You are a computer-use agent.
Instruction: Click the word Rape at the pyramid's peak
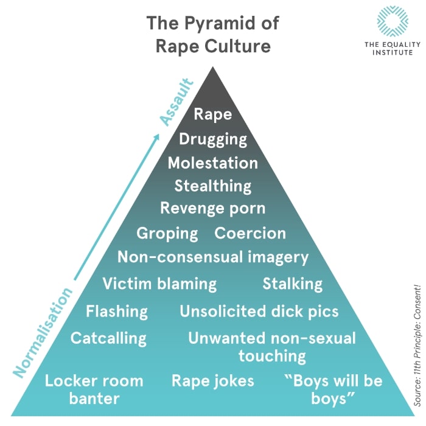tap(212, 114)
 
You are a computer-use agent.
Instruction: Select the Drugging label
tap(213, 139)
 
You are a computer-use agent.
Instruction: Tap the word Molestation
tap(213, 162)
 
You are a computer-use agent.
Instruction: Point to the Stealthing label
tap(213, 186)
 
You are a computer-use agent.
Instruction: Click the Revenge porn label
tap(213, 208)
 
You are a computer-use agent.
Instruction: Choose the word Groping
tap(167, 234)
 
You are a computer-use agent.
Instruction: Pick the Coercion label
tap(250, 233)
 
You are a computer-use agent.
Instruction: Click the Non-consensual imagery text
tap(213, 257)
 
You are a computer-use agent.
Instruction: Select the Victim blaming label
tap(159, 284)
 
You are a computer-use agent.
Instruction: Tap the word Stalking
tap(292, 284)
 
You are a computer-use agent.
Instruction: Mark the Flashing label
tap(117, 312)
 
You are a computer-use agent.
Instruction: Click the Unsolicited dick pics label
tap(259, 312)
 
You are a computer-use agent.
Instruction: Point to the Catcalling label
tap(108, 338)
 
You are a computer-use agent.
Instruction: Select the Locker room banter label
tap(94, 390)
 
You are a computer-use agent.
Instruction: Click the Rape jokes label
tap(213, 382)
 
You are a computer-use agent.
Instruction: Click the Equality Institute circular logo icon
tap(393, 23)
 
